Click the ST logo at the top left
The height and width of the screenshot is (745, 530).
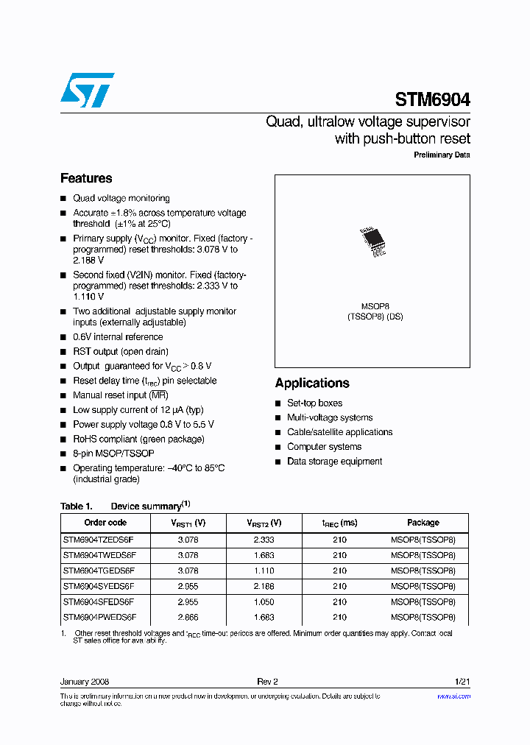pos(87,90)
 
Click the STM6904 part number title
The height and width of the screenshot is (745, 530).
pos(432,99)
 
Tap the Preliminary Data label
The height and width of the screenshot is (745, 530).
pos(442,155)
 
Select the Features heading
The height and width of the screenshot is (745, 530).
pos(86,178)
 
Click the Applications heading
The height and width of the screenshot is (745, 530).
pos(312,383)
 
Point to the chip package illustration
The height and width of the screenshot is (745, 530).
pos(373,241)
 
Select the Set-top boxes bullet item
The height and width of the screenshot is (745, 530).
pos(314,403)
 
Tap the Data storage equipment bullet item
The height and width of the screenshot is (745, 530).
pos(334,462)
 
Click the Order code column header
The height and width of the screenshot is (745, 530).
pos(105,523)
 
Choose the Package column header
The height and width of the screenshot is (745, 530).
pos(423,523)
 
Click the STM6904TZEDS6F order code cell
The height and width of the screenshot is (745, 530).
pos(99,540)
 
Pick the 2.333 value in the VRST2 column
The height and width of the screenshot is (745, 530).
pos(264,540)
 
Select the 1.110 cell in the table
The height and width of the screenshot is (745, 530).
pos(264,571)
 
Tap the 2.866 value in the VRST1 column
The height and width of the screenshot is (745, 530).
pos(188,617)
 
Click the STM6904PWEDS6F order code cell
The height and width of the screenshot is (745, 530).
pos(99,617)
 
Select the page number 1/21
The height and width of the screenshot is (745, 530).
pos(462,682)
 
